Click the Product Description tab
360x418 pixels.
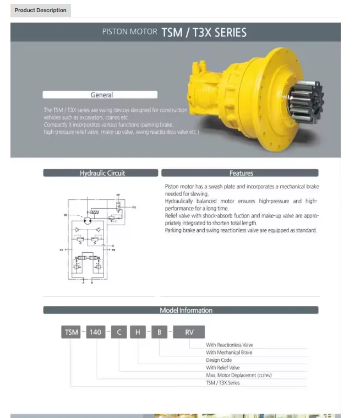coord(40,10)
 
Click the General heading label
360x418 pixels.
coord(101,95)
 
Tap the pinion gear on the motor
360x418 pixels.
coord(306,101)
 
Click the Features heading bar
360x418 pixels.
coord(241,173)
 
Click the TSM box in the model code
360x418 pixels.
coord(72,332)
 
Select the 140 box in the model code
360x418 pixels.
coord(95,332)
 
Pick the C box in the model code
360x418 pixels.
coord(119,332)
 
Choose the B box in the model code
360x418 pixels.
coord(159,332)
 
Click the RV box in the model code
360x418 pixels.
coord(189,332)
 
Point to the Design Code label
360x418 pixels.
coord(219,360)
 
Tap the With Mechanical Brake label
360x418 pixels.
coord(229,352)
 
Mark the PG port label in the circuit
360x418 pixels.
coord(134,207)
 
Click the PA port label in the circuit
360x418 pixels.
coord(62,250)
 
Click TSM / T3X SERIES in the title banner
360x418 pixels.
coord(204,32)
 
